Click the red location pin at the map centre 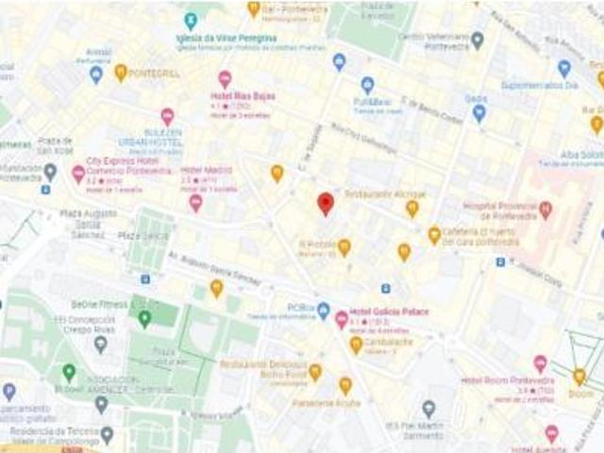pyautogui.click(x=326, y=203)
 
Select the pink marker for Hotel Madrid pyautogui.click(x=195, y=202)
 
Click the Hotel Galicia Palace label pyautogui.click(x=389, y=311)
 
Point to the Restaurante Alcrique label pyautogui.click(x=385, y=193)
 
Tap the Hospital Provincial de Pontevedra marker pyautogui.click(x=545, y=210)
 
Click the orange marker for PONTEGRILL pyautogui.click(x=121, y=72)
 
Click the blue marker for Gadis pyautogui.click(x=478, y=113)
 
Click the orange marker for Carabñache pyautogui.click(x=356, y=344)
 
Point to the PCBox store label pyautogui.click(x=301, y=309)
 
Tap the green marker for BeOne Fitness pyautogui.click(x=144, y=318)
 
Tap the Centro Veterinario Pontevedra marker pyautogui.click(x=478, y=40)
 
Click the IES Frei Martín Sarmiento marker pyautogui.click(x=428, y=409)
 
